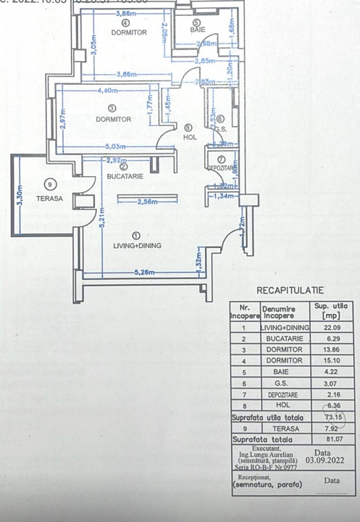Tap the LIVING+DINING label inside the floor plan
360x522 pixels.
pos(137,245)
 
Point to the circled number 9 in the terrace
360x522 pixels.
pos(50,183)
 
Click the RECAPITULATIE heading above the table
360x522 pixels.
pos(290,290)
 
